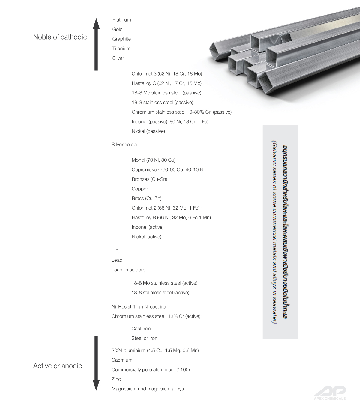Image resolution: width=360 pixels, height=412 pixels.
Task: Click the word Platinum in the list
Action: [121, 20]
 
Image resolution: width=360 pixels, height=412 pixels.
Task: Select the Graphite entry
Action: [121, 39]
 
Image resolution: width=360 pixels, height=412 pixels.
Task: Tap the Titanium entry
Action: [121, 49]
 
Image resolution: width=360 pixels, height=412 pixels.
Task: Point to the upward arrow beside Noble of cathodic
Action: [96, 44]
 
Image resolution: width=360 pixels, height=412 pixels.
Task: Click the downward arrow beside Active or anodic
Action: [96, 363]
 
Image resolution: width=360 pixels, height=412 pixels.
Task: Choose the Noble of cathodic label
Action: [60, 37]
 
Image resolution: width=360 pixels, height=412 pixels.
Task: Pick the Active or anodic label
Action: [58, 366]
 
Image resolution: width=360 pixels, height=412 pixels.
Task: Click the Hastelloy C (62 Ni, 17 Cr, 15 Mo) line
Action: [166, 83]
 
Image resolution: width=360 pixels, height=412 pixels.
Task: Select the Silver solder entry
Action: [125, 145]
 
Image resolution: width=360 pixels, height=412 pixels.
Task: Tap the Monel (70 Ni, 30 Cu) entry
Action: [154, 160]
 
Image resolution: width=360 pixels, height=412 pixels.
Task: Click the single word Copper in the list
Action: [140, 189]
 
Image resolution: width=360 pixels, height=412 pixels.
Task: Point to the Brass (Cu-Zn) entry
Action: [146, 199]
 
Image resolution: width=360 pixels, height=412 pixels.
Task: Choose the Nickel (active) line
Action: [146, 237]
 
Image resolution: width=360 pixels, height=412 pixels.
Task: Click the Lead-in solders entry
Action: [128, 270]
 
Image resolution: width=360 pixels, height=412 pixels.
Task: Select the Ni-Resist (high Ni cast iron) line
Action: [140, 307]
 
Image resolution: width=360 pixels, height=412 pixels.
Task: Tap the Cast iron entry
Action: [141, 329]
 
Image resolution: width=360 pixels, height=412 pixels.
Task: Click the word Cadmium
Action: [122, 360]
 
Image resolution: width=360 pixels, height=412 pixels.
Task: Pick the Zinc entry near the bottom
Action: [116, 379]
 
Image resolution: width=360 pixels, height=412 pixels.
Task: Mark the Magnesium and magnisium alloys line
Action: [148, 389]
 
